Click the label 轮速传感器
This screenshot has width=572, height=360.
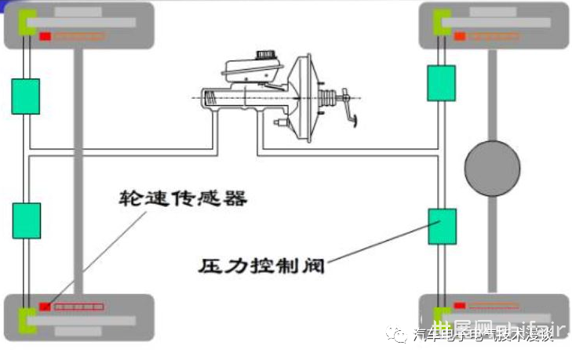coord(183,198)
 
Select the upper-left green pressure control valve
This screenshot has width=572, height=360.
coord(25,96)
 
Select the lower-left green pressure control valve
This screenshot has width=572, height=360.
coord(25,220)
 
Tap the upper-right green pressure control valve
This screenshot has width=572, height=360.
coord(441,82)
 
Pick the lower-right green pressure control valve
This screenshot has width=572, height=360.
coord(441,227)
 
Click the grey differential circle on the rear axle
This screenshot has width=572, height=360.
coord(492,169)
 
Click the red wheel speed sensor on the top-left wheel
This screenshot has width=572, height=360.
coord(46,37)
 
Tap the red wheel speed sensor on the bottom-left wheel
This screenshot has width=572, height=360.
coord(46,306)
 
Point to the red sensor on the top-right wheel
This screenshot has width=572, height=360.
coord(459,36)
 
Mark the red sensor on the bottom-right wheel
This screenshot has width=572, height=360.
coord(459,306)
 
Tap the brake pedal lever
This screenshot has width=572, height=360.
coord(348,110)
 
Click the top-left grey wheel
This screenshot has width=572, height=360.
coord(78,25)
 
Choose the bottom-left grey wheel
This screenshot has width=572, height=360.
coord(78,317)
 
